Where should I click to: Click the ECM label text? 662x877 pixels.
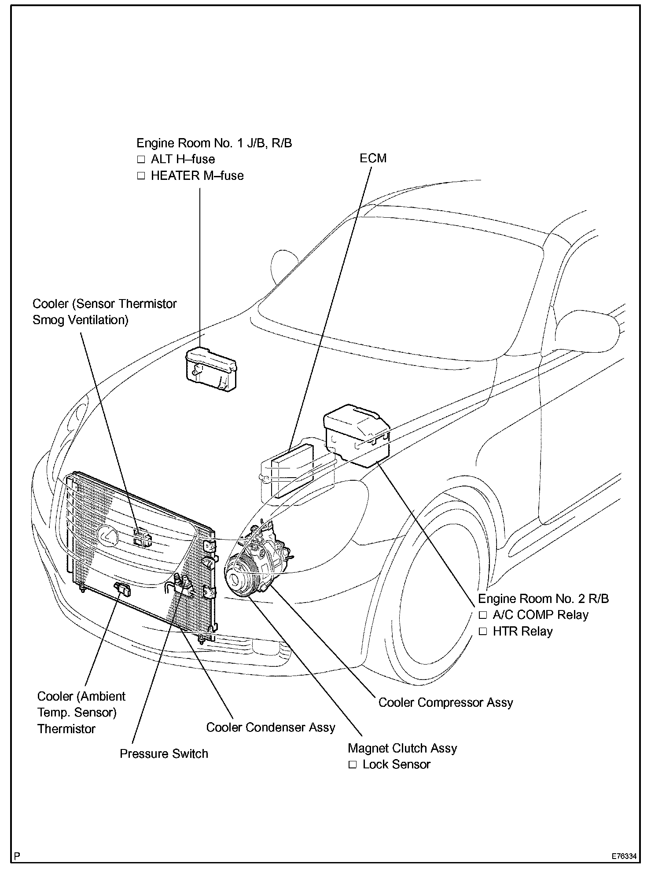373,158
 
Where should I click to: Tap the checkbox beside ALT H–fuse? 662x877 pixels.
141,159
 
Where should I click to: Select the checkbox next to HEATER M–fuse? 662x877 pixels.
141,176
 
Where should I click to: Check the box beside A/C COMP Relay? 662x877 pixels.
483,615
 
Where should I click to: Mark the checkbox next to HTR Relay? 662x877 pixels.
483,632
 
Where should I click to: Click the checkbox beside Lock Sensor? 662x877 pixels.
353,765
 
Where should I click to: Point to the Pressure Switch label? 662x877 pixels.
164,754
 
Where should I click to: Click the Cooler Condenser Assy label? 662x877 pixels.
271,727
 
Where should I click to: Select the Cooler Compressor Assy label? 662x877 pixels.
445,702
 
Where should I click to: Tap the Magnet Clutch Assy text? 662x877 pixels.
402,748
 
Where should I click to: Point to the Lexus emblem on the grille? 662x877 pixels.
108,536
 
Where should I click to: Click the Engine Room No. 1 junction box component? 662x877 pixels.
211,369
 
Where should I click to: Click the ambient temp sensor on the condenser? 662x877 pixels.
122,588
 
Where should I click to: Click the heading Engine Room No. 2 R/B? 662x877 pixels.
543,599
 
